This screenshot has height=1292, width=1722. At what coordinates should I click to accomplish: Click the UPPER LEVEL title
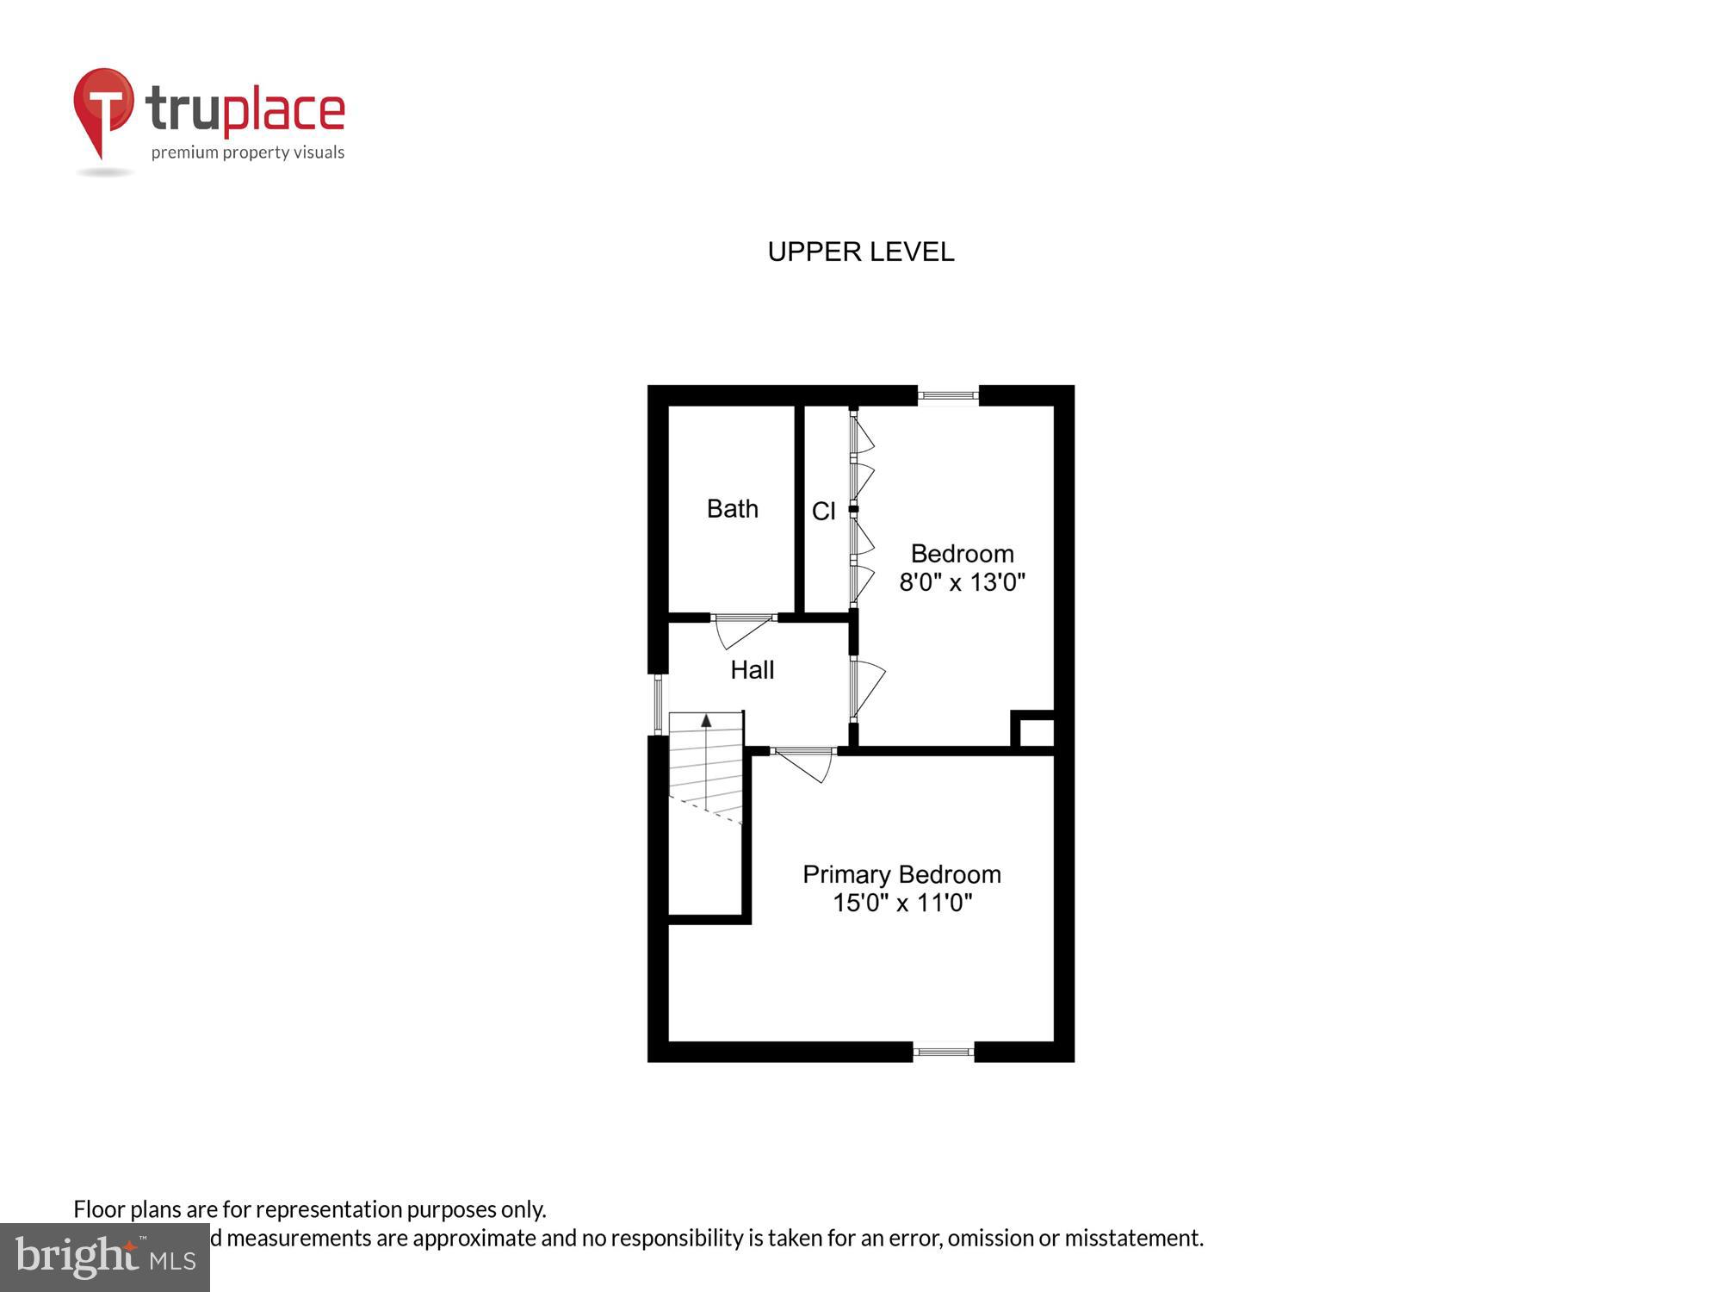point(860,252)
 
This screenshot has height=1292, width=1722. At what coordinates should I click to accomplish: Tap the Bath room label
point(732,509)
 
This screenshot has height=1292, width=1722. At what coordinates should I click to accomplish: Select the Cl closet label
point(823,512)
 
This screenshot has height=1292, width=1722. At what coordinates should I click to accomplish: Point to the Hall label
point(752,670)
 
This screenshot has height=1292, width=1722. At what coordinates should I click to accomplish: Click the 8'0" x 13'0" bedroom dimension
point(962,583)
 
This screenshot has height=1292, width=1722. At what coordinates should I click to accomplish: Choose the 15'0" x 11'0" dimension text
point(901,904)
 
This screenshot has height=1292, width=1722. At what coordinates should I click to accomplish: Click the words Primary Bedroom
point(901,874)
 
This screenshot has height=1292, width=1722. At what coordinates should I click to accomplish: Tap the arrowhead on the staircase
point(706,720)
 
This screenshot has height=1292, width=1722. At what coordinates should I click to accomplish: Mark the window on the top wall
point(948,396)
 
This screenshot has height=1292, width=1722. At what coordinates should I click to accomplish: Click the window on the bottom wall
point(943,1052)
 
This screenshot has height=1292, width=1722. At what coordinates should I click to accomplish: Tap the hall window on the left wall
point(658,704)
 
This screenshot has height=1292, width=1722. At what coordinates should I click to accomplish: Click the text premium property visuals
point(248,153)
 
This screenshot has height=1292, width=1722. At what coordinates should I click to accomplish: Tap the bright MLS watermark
point(105,1258)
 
